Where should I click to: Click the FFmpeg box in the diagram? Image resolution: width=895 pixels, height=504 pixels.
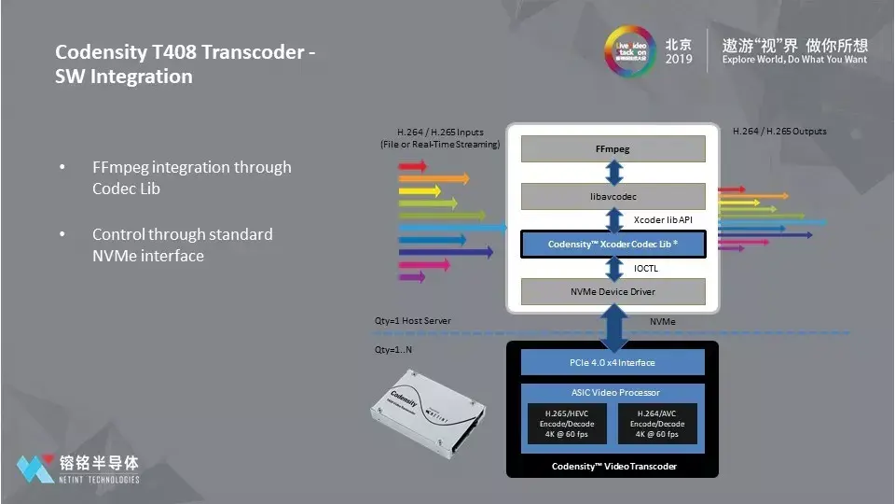click(x=612, y=148)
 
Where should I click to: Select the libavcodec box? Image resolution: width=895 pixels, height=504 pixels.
click(x=612, y=196)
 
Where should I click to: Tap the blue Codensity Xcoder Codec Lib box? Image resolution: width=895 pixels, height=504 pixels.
click(x=612, y=245)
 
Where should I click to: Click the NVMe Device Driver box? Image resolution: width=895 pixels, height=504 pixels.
click(x=612, y=291)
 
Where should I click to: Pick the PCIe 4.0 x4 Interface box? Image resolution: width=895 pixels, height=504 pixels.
click(x=612, y=362)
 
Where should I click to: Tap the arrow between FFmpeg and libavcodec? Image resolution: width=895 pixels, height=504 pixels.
click(x=613, y=173)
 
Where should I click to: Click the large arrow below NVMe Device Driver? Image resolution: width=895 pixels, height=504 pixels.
click(x=613, y=326)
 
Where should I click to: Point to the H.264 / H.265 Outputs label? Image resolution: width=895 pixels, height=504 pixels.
click(x=779, y=132)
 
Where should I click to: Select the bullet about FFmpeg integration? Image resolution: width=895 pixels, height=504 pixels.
click(x=191, y=177)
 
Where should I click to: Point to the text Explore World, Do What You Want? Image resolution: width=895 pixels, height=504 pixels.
click(x=794, y=60)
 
